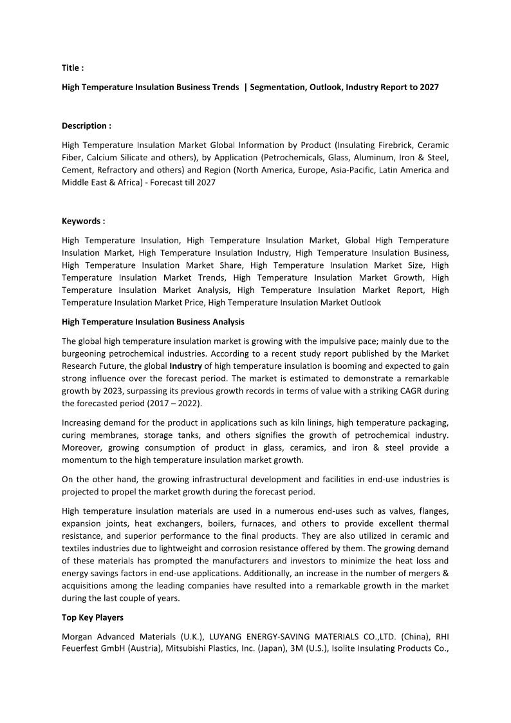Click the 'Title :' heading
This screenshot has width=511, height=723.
[x=73, y=68]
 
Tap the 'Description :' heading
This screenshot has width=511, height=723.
[x=86, y=126]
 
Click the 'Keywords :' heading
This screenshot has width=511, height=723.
[x=83, y=221]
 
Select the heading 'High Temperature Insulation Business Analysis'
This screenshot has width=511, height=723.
[x=153, y=321]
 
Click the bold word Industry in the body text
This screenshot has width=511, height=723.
[x=190, y=366]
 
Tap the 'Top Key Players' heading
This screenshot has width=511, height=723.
[x=93, y=617]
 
